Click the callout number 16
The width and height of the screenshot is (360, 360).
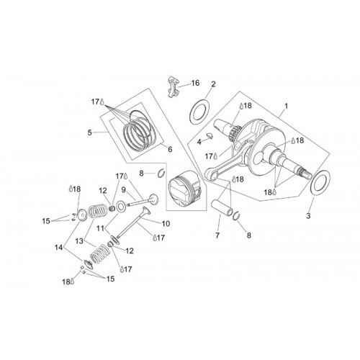[195, 83]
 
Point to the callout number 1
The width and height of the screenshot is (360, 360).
[286, 106]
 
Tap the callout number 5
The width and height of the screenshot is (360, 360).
[89, 132]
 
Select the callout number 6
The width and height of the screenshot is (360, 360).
[170, 149]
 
